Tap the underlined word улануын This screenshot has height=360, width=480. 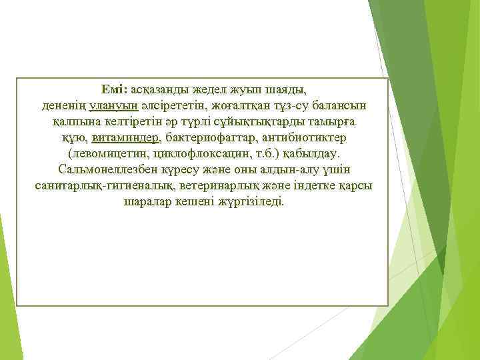pyautogui.click(x=112, y=106)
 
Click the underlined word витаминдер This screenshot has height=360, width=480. pyautogui.click(x=126, y=138)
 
